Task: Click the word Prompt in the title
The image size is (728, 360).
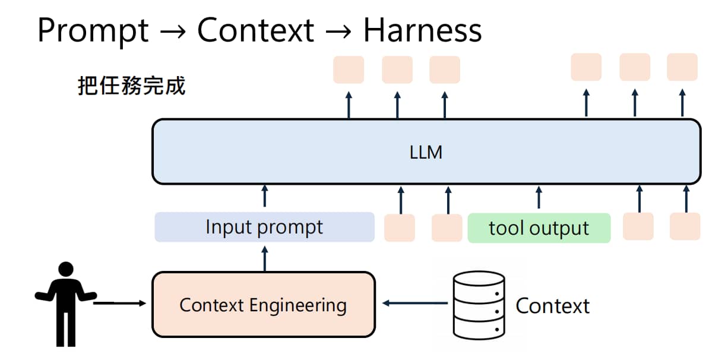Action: pyautogui.click(x=93, y=31)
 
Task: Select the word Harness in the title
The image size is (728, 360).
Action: pyautogui.click(x=423, y=30)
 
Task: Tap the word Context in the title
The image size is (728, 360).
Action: pyautogui.click(x=256, y=30)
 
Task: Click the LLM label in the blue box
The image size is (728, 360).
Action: pyautogui.click(x=426, y=152)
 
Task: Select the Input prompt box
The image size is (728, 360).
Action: pyautogui.click(x=265, y=227)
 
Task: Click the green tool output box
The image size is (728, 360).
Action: pyautogui.click(x=539, y=228)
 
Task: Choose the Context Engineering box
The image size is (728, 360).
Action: pyautogui.click(x=264, y=304)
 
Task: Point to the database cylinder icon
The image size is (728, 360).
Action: pyautogui.click(x=479, y=305)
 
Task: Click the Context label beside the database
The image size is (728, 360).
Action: pyautogui.click(x=552, y=306)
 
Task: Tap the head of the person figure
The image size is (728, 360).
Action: pyautogui.click(x=66, y=269)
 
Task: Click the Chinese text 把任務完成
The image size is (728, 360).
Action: pyautogui.click(x=132, y=86)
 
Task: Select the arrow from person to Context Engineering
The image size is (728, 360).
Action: pyautogui.click(x=119, y=303)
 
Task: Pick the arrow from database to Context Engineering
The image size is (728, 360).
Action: pyautogui.click(x=415, y=303)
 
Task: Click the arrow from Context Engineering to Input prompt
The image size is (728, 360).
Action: pyautogui.click(x=265, y=258)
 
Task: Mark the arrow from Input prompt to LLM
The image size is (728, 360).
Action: pyautogui.click(x=265, y=196)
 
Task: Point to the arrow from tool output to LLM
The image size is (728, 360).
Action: pyautogui.click(x=539, y=197)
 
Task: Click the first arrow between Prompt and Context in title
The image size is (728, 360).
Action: pyautogui.click(x=173, y=32)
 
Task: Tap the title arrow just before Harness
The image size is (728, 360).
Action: pyautogui.click(x=338, y=32)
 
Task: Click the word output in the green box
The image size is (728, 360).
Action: pyautogui.click(x=559, y=229)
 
